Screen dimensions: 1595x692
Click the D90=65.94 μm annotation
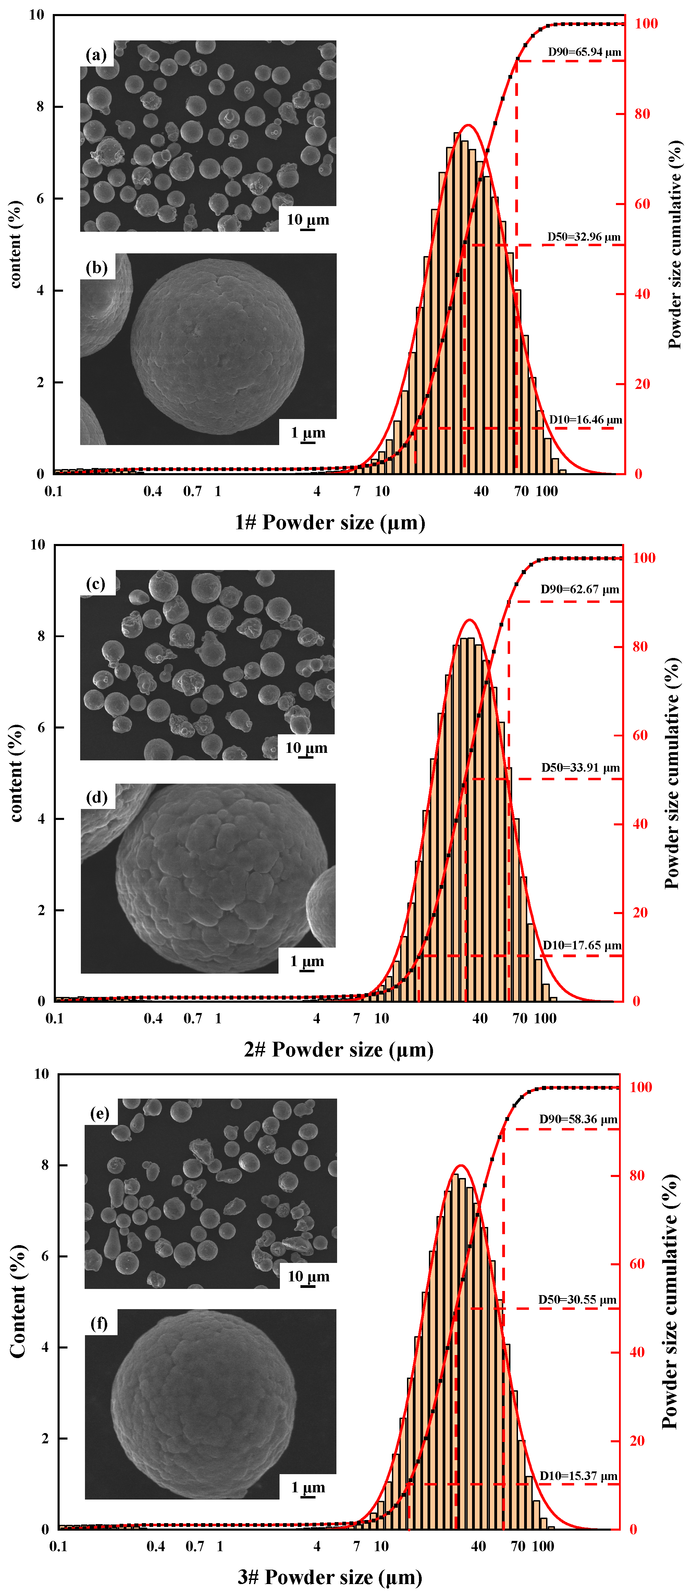tap(584, 52)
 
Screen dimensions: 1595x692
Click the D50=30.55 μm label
tap(577, 1299)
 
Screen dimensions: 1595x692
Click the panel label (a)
tap(96, 55)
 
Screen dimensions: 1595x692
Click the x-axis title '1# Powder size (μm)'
tap(330, 522)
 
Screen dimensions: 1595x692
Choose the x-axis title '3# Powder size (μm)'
tap(330, 1576)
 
